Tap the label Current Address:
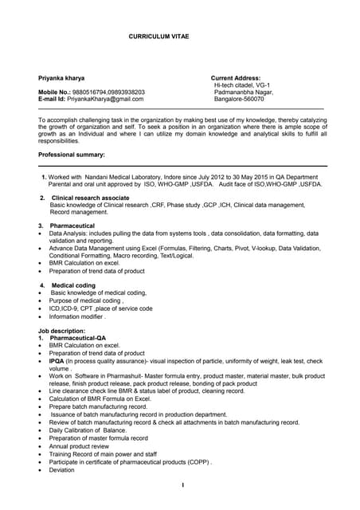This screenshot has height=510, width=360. coord(236,78)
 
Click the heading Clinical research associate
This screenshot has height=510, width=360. coord(90,198)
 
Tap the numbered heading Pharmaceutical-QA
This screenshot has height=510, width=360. coord(77,338)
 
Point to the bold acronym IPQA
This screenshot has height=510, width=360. coord(57,361)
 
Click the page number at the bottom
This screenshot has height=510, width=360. coord(182,485)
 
